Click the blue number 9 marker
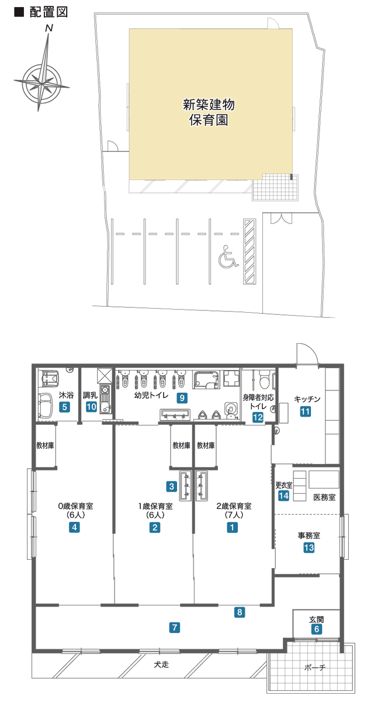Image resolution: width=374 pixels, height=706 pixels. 182,398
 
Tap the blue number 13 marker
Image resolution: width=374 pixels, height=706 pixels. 309,548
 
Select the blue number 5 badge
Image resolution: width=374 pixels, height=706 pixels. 65,407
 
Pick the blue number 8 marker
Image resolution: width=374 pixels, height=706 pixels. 240,612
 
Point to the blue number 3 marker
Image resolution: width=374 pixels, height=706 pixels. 171,486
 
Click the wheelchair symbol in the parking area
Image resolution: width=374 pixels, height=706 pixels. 228,256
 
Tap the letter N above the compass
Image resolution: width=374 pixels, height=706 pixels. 49,29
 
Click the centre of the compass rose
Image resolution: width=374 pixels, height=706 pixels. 41,82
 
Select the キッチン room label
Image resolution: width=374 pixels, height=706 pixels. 307,399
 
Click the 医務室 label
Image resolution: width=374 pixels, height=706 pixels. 324,497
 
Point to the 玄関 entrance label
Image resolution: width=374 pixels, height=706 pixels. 316,620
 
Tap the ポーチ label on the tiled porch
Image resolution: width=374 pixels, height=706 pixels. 315,667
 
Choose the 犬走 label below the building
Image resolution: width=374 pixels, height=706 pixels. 161,665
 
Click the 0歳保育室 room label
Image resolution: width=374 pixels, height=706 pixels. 75,506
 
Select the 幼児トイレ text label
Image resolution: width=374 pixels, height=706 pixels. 151,395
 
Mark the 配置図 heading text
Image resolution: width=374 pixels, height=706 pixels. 49,12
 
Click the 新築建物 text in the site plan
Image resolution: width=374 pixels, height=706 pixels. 209,105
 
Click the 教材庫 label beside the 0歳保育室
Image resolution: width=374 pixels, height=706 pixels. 45,445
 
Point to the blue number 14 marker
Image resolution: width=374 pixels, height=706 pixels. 283,496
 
